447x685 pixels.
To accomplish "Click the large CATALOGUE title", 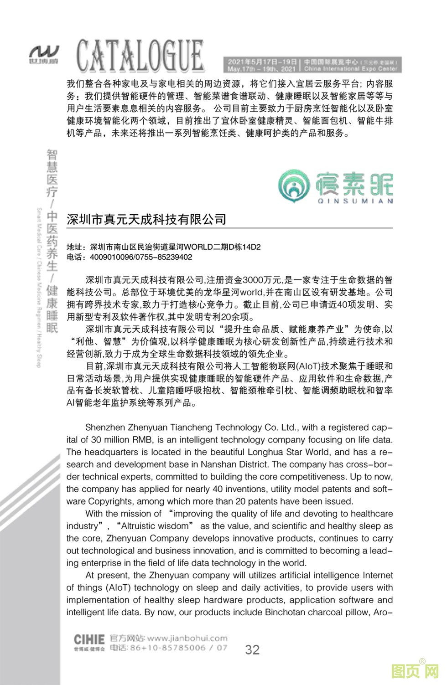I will [x=140, y=56].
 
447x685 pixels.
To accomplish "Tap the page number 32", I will [x=252, y=649].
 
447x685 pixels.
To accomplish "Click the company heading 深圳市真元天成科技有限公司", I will [x=146, y=220].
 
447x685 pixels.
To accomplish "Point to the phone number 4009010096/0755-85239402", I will [x=141, y=257].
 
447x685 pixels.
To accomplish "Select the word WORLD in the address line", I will [x=198, y=247].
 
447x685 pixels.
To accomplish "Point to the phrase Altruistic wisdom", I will [x=155, y=526].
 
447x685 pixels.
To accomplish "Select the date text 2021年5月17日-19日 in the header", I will [x=262, y=62].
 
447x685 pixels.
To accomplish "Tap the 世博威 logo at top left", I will [x=44, y=54].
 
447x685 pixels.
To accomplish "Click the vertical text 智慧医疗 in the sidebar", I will [x=52, y=173].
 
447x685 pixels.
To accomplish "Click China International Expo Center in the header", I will [x=351, y=69].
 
